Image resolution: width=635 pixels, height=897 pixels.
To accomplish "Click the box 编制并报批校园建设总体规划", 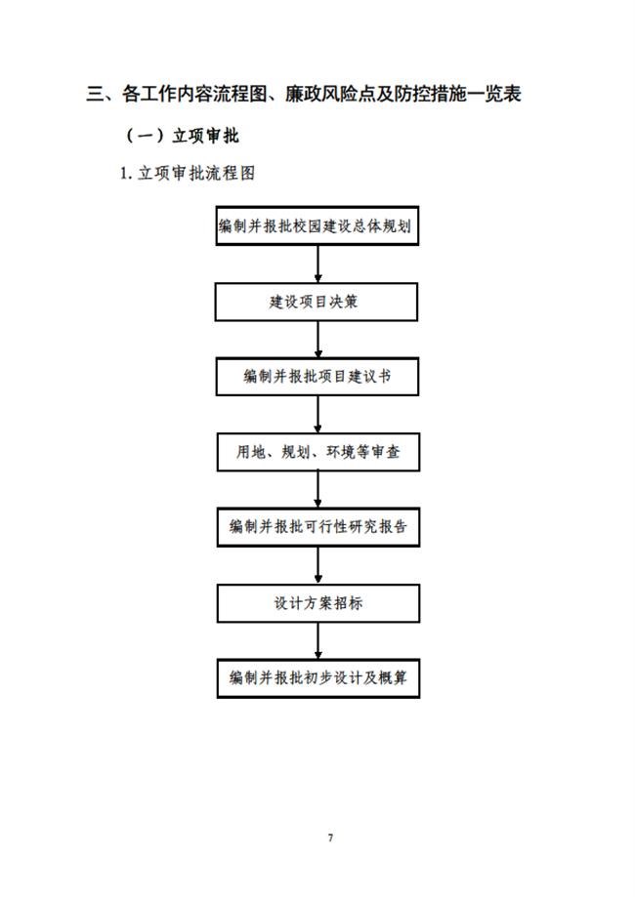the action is pyautogui.click(x=317, y=226).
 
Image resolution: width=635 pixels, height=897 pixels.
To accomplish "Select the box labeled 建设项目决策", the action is pyautogui.click(x=317, y=302).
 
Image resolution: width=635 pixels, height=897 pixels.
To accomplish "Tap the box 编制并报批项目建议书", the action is pyautogui.click(x=317, y=377).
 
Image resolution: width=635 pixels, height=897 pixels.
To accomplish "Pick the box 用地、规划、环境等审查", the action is pyautogui.click(x=318, y=452).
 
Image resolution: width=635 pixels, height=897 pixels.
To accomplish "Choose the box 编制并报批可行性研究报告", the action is pyautogui.click(x=318, y=527).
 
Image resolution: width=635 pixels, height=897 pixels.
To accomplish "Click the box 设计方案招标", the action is pyautogui.click(x=318, y=603).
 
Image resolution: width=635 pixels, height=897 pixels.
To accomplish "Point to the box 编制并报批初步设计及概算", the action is pyautogui.click(x=318, y=678).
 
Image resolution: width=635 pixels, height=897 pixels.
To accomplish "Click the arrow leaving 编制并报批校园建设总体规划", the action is pyautogui.click(x=317, y=264).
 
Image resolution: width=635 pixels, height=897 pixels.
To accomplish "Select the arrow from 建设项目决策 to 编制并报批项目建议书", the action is pyautogui.click(x=317, y=340).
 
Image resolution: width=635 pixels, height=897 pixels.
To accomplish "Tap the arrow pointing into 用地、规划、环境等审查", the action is pyautogui.click(x=317, y=414).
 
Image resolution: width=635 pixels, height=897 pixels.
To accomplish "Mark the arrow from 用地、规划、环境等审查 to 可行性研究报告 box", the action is pyautogui.click(x=317, y=489).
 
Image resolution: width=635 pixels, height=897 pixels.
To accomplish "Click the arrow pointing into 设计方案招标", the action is pyautogui.click(x=317, y=565).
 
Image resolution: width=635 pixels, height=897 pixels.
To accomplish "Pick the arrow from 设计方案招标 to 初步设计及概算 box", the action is pyautogui.click(x=317, y=640).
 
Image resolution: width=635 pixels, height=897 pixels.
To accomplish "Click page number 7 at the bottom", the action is pyautogui.click(x=330, y=837).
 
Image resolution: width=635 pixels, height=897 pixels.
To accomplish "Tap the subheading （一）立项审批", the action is pyautogui.click(x=182, y=136).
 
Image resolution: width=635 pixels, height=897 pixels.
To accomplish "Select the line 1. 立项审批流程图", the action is pyautogui.click(x=188, y=173).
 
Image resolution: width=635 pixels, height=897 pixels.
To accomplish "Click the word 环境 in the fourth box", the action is pyautogui.click(x=341, y=452).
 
